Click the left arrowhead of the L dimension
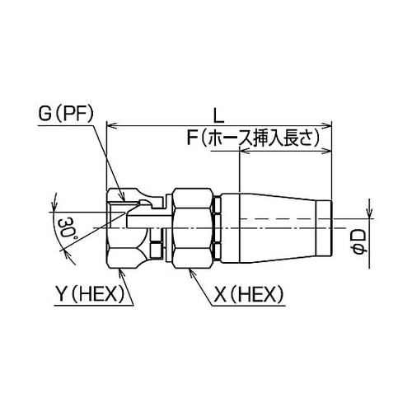point(113,126)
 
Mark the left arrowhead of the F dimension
point(242,151)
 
